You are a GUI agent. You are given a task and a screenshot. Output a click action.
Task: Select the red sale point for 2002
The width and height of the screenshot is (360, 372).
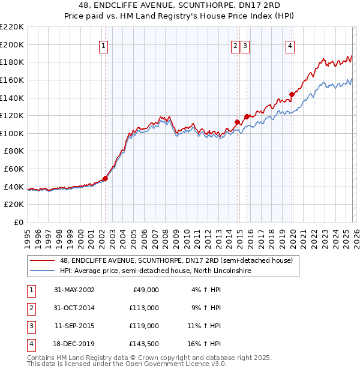pos(105,178)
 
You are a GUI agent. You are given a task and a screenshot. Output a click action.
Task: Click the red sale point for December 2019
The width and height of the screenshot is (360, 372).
pos(292,94)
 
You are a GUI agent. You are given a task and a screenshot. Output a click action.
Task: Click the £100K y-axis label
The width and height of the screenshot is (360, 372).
pos(13,133)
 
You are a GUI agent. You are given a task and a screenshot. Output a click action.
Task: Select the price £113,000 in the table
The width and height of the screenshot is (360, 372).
pos(145,308)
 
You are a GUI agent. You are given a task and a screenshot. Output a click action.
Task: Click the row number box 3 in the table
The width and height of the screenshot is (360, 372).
pos(30,326)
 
